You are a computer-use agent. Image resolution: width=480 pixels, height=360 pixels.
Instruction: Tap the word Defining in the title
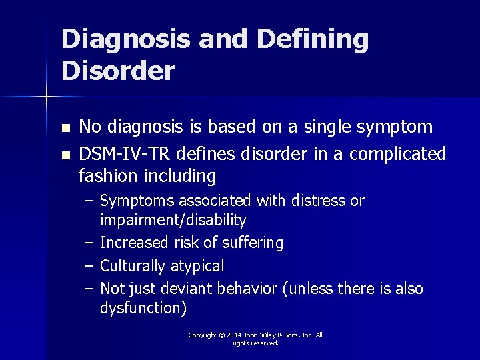(x=312, y=39)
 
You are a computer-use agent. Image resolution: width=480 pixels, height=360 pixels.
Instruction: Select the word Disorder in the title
(x=118, y=70)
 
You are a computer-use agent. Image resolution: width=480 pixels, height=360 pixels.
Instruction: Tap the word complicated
(x=397, y=155)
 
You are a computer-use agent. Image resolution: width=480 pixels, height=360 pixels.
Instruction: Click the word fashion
(x=104, y=177)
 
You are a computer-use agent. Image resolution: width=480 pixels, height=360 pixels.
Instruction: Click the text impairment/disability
(x=173, y=220)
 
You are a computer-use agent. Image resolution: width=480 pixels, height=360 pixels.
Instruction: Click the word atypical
(x=197, y=266)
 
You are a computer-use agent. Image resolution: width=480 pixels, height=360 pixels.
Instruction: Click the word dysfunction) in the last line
(x=143, y=308)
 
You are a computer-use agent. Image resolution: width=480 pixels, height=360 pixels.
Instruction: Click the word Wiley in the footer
(x=274, y=335)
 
